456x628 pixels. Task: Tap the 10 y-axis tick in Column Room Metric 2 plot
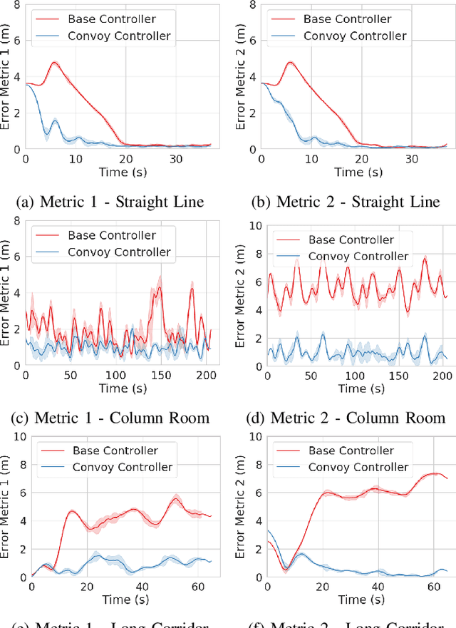tap(254, 225)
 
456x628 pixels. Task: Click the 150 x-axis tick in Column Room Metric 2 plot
tap(391, 375)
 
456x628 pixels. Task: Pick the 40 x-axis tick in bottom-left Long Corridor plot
tap(142, 586)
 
